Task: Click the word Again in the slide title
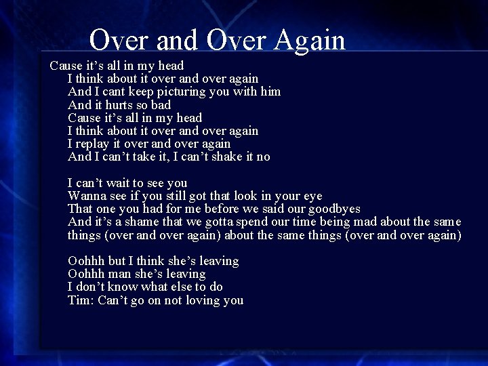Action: [310, 41]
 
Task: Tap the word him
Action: [270, 91]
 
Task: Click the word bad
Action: [161, 105]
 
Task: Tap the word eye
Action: [313, 197]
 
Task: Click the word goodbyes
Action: [334, 209]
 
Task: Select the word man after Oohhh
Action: [119, 274]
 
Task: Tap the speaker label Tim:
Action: [81, 300]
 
